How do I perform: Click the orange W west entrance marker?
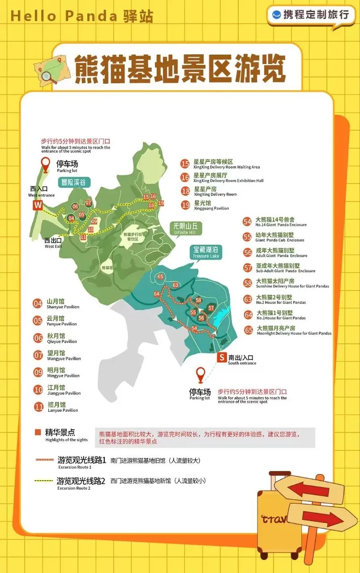pos(38,205)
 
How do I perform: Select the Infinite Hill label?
pos(186,228)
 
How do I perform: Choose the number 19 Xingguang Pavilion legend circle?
pos(185,205)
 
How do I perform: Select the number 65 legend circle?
pos(249,330)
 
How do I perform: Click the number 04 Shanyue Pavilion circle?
pos(38,304)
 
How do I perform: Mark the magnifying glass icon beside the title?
pos(48,77)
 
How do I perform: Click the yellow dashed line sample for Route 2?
pos(44,481)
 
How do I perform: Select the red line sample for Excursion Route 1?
pos(44,460)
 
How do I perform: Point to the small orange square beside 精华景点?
pos(38,432)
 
